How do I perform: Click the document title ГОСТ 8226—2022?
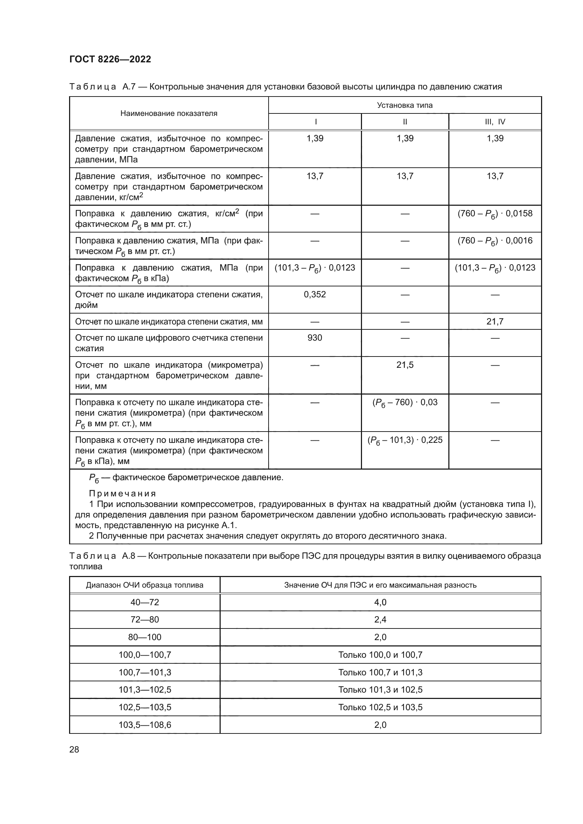pos(110,59)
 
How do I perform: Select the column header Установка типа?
pos(405,105)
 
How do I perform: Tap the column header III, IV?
pos(495,122)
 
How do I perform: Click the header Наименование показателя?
pos(169,113)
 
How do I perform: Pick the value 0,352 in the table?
pos(314,294)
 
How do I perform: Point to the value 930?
pos(314,338)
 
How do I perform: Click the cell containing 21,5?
pos(405,365)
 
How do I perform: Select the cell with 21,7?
pos(495,322)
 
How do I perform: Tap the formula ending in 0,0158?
pos(495,214)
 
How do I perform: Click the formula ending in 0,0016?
pos(495,241)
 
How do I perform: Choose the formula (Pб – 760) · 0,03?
pos(405,403)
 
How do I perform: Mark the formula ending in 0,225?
pos(405,440)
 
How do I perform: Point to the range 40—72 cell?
pos(145,602)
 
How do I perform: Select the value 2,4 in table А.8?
pos(380,619)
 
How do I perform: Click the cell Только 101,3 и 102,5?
pos(380,689)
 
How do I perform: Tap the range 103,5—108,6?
pos(145,725)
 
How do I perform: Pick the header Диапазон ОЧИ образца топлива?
pos(145,585)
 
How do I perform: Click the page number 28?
pos(74,749)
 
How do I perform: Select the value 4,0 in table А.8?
pos(380,602)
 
